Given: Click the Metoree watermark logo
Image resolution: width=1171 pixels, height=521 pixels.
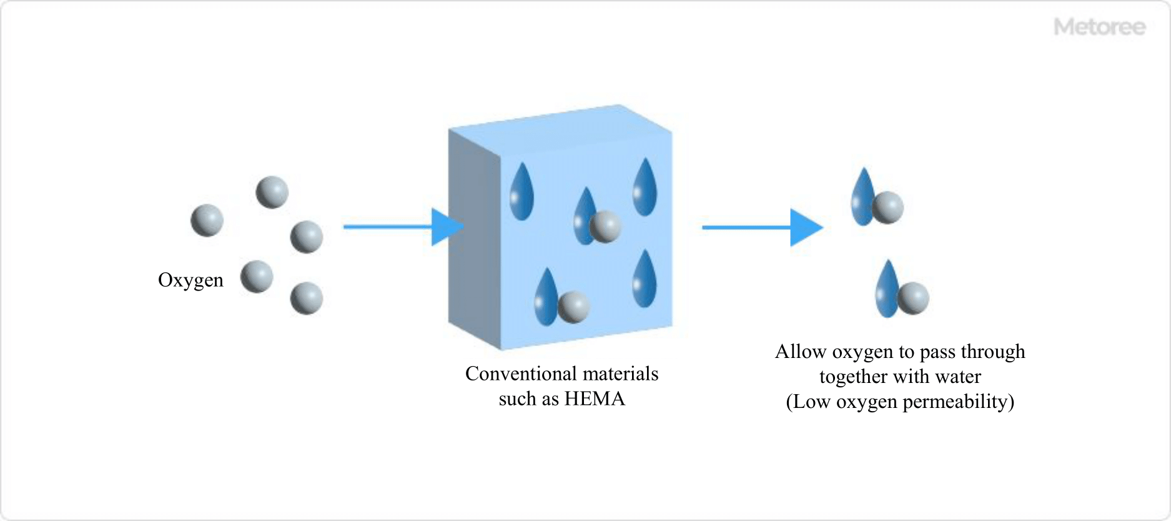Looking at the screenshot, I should point(1099,27).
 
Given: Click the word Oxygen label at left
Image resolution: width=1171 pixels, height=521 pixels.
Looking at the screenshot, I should point(190,280).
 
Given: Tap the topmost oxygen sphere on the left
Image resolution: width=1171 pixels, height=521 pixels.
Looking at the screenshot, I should point(272,192).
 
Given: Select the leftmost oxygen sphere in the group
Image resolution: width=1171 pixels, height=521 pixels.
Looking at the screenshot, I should point(207,220).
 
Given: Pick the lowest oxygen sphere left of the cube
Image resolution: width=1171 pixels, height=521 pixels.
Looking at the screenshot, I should point(307,298).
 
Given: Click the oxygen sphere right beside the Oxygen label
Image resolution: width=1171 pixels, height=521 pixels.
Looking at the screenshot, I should point(257,277).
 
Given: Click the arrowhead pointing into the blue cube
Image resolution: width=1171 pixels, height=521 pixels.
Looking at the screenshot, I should point(447,227).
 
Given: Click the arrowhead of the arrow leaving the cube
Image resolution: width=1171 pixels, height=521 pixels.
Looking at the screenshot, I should point(805,227).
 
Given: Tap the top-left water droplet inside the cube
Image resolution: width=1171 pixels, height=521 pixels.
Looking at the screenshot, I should point(521,192).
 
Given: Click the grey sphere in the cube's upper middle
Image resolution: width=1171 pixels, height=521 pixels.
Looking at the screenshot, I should point(605,226).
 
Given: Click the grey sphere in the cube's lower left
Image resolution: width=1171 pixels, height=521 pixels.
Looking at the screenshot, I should point(573,306).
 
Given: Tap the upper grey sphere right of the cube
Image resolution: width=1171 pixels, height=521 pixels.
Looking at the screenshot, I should point(887,207).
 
